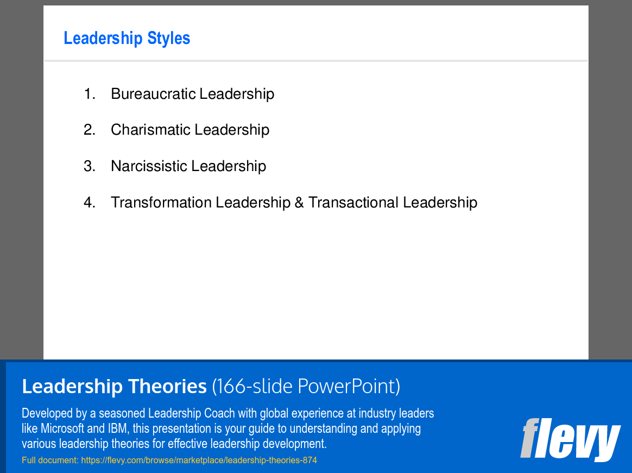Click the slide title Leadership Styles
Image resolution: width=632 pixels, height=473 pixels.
pos(127,39)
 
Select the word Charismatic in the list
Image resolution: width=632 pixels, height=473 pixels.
pos(151,129)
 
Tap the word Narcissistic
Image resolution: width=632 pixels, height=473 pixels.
pos(149,166)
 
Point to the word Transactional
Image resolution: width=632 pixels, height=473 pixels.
pos(353,202)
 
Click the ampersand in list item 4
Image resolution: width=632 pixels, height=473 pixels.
pos(299,203)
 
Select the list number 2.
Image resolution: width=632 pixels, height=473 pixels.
pos(90,129)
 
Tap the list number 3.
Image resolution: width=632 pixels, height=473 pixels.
pos(90,166)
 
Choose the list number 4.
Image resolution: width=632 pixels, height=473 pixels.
pos(90,202)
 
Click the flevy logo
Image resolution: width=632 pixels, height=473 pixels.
pos(570,439)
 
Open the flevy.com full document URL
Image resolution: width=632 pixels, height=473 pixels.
pos(199,460)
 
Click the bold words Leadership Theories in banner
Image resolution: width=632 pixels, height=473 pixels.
pos(114,386)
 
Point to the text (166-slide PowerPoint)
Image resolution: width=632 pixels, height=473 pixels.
pos(306,386)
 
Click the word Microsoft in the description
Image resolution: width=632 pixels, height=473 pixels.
pos(62,428)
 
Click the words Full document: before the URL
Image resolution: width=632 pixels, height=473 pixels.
pos(50,460)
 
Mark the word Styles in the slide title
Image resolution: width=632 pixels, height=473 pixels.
pos(168,39)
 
